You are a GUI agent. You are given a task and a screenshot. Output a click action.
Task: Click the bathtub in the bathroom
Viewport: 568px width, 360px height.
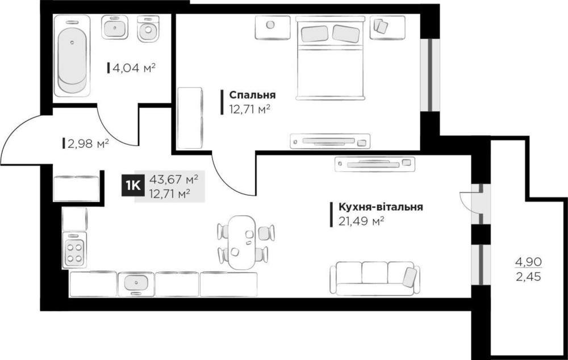(72, 56)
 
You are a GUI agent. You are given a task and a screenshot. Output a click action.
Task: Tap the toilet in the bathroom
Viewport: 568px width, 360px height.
(148, 28)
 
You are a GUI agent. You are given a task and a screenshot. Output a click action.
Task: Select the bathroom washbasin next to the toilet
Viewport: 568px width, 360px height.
(115, 27)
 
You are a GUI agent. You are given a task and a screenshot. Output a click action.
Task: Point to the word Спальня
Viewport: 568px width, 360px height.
(252, 95)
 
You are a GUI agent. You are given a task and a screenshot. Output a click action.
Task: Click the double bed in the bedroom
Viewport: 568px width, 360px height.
(329, 57)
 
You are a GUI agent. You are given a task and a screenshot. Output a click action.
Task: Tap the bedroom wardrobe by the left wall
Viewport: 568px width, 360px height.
(190, 118)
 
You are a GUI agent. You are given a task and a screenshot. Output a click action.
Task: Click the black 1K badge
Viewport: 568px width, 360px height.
(132, 186)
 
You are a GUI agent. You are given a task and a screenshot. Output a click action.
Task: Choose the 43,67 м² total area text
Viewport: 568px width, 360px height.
(173, 179)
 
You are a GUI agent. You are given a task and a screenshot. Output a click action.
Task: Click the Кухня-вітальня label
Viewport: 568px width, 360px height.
(381, 207)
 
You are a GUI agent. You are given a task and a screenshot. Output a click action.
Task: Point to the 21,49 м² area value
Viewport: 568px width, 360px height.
(361, 221)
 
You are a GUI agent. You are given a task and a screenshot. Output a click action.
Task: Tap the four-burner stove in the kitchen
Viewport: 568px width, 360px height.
(74, 250)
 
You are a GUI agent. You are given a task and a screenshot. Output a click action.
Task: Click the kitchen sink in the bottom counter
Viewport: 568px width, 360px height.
(136, 283)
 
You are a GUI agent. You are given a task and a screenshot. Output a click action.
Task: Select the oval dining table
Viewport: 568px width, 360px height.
(243, 242)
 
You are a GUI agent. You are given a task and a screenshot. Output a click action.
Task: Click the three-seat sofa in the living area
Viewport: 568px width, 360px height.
(375, 278)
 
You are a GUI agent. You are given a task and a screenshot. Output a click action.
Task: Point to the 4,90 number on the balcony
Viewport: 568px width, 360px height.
(529, 261)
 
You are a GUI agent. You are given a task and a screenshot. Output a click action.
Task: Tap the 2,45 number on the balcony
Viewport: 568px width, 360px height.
(529, 277)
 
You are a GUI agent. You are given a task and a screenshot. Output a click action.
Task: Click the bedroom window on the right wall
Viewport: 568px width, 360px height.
(429, 74)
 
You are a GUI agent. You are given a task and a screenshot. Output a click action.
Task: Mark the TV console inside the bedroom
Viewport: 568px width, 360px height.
(330, 141)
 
